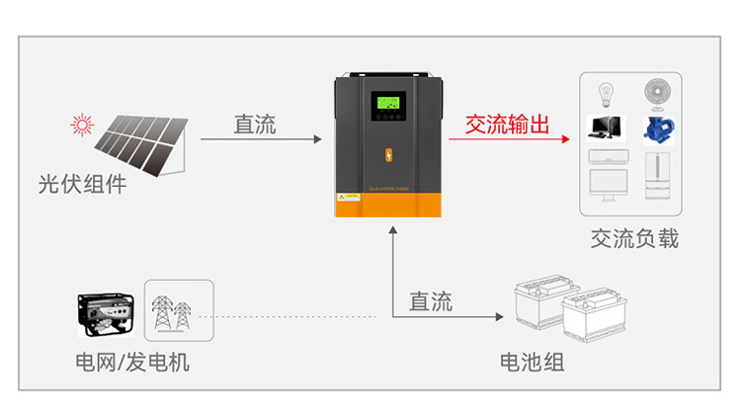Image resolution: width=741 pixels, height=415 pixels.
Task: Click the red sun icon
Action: point(80,124)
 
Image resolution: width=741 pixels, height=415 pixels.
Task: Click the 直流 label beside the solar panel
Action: point(254,124)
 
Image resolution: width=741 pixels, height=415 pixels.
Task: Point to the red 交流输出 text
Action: point(507,124)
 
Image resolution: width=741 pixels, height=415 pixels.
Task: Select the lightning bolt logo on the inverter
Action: point(387,155)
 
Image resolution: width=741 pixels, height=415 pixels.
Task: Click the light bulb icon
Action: point(605,93)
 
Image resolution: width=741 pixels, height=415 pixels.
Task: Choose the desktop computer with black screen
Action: point(604,126)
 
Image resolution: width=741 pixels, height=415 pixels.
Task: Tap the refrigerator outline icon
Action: point(658,175)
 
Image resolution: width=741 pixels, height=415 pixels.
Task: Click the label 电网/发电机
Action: point(132,362)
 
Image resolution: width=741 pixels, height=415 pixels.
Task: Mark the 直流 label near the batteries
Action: point(431,301)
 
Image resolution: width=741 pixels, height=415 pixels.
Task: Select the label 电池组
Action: point(533,362)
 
